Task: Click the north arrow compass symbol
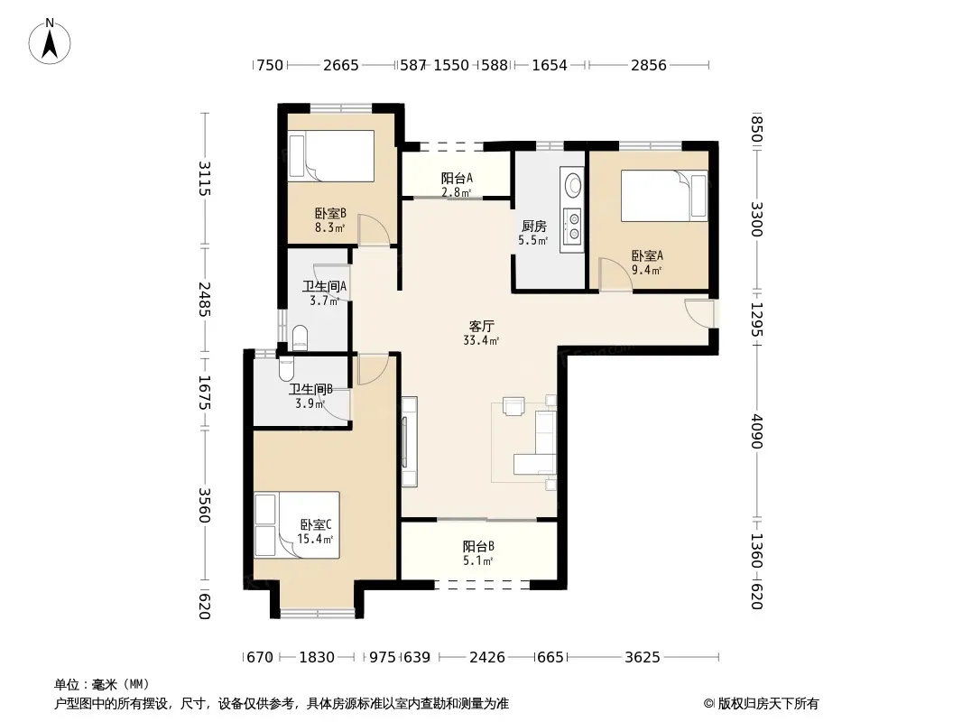coord(50,42)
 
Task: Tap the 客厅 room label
coord(482,327)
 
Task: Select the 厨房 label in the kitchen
coord(533,227)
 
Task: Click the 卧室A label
coord(647,255)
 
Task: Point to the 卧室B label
coord(330,214)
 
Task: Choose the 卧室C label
coord(316,525)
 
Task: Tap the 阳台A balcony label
coord(457,179)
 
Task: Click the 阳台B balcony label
coord(478,547)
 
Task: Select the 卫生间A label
coord(325,286)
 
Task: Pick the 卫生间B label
coord(311,390)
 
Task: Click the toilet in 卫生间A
coord(300,337)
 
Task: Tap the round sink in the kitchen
coord(573,185)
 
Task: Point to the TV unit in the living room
coord(409,441)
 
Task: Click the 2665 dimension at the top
coord(341,65)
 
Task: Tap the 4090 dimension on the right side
coord(757,431)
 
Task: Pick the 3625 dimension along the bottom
coord(643,658)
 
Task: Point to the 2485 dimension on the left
coord(204,300)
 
